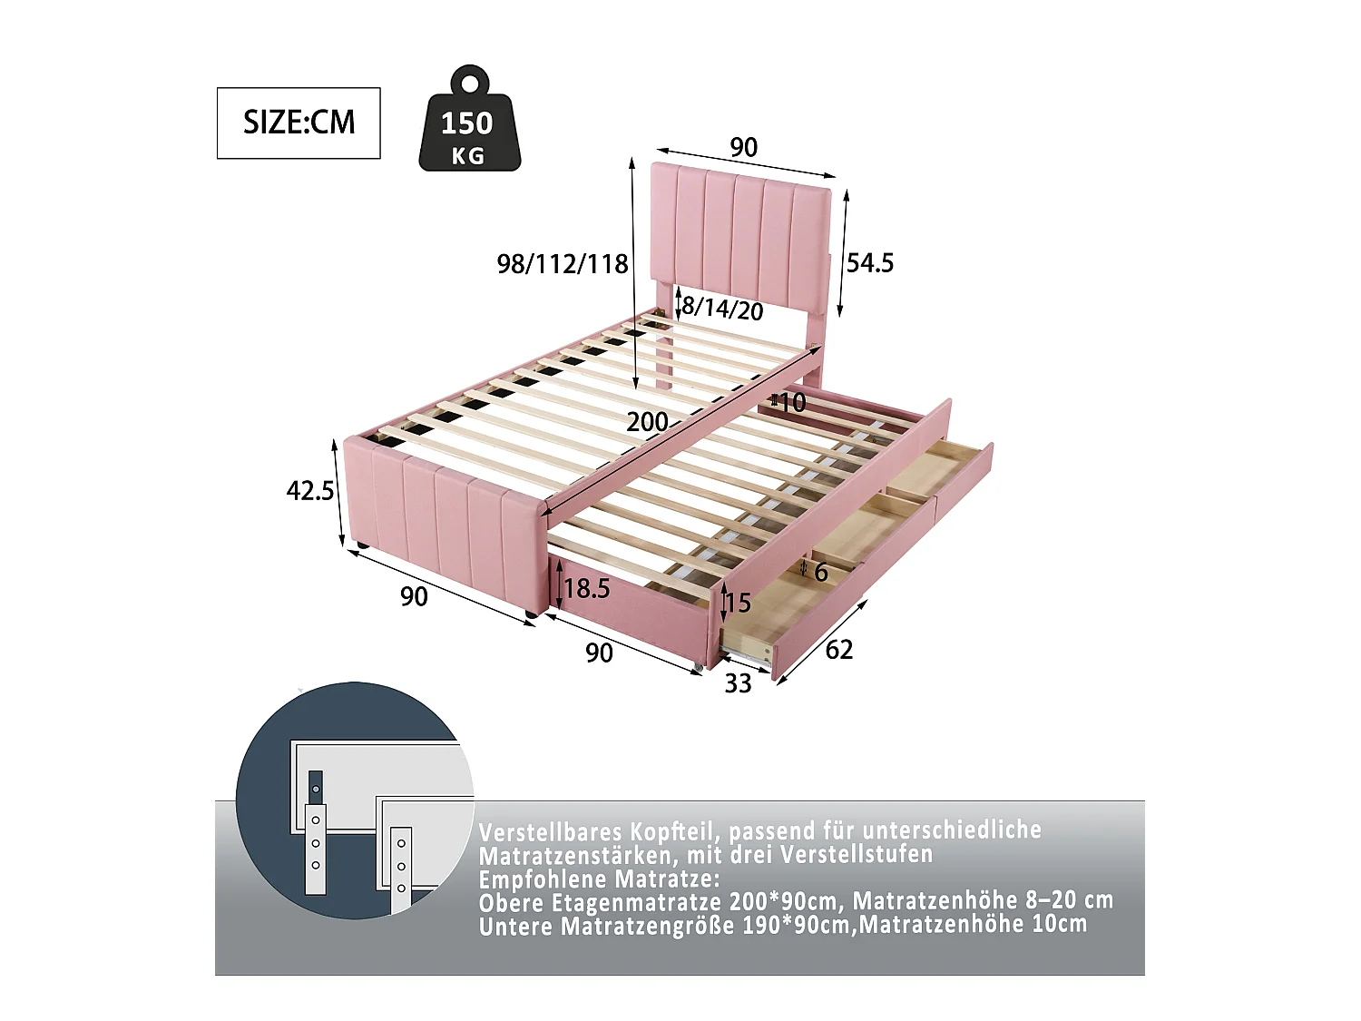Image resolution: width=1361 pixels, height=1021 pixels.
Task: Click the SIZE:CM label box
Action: pos(299,123)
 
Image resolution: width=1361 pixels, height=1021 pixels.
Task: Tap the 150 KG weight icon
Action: pos(469,125)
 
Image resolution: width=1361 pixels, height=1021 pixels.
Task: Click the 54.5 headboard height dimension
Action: pos(869,263)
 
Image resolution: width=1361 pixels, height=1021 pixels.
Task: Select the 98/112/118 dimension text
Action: pos(563,264)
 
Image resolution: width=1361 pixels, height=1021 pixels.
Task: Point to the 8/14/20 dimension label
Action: pos(722,309)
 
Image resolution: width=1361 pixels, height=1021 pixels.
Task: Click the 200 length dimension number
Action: pos(647,422)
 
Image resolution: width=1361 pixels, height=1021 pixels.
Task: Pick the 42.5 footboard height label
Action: pos(310,491)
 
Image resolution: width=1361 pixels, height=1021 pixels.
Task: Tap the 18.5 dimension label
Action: pos(587,589)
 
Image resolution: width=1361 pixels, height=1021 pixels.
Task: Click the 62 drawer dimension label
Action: pos(839,650)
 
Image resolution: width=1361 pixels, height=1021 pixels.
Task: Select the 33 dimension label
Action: pos(738,683)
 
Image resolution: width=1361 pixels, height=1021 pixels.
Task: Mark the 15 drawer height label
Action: pos(738,603)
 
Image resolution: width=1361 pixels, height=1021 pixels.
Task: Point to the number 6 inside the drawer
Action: pos(820,572)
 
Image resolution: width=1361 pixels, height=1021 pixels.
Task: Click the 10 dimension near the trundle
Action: pos(792,402)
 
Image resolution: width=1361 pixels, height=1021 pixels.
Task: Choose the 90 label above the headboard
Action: pos(743,147)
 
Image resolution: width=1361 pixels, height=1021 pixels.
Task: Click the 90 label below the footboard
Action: pos(414,597)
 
